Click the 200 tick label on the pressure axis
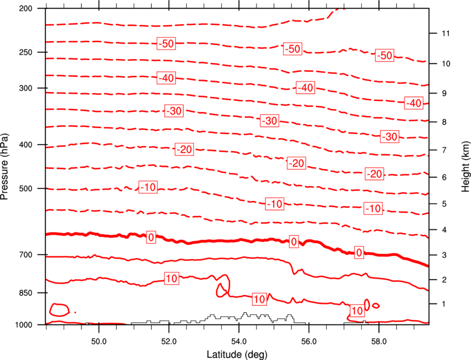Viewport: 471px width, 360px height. pyautogui.click(x=32, y=9)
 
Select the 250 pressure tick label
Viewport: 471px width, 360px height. pyautogui.click(x=32, y=52)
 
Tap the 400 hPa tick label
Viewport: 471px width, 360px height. pyautogui.click(x=32, y=145)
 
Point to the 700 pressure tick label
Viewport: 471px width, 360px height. pyautogui.click(x=32, y=255)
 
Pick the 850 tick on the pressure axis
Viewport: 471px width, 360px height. pyautogui.click(x=32, y=292)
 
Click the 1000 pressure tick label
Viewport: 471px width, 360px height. pyautogui.click(x=29, y=325)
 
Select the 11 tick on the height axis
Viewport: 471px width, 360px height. pyautogui.click(x=444, y=34)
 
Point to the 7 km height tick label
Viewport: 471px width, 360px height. pyautogui.click(x=442, y=150)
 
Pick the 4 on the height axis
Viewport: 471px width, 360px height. pyautogui.click(x=442, y=230)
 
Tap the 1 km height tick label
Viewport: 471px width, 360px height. pyautogui.click(x=442, y=304)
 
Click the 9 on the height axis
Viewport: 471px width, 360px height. pyautogui.click(x=442, y=93)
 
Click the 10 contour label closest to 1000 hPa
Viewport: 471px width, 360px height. pyautogui.click(x=357, y=311)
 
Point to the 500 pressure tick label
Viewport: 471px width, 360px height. pyautogui.click(x=32, y=188)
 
